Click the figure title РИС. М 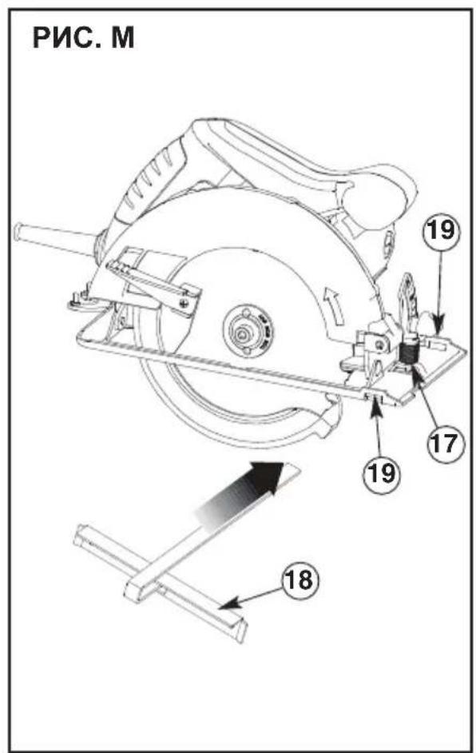click(83, 38)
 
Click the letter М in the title click(123, 38)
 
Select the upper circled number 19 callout click(441, 231)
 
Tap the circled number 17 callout click(445, 443)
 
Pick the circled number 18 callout click(300, 580)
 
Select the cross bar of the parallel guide click(161, 584)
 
